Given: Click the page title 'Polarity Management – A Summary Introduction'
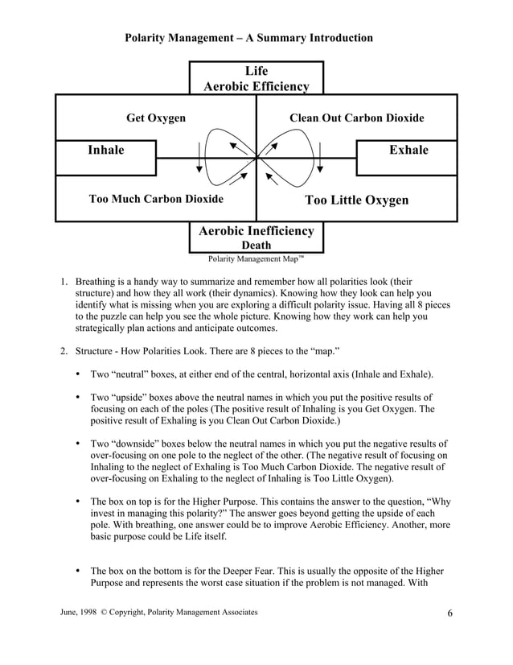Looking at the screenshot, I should point(248,38).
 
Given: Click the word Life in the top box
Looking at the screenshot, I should point(256,72).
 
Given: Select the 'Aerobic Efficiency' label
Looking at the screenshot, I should point(256,86).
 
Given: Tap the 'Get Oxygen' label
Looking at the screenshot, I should point(156,118).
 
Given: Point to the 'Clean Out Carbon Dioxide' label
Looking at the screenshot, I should point(356,118).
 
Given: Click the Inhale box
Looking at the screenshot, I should point(106,151).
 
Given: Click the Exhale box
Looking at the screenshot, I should point(408,151).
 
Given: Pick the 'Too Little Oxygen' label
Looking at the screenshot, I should point(356,200).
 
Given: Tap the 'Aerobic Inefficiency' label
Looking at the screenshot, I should point(256,231).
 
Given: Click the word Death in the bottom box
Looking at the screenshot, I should point(256,245).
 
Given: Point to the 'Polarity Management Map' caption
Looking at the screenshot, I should point(256,259).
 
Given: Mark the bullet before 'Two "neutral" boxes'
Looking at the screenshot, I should point(77,374).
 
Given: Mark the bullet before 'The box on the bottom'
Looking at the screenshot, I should point(77,568).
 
